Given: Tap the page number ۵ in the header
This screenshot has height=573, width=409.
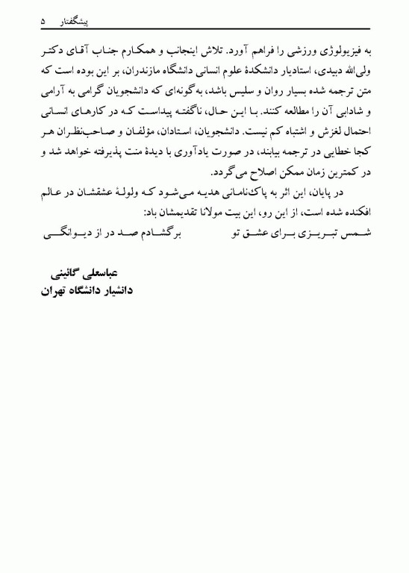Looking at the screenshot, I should point(43,24).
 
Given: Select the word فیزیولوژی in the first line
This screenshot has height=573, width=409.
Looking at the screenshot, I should point(345,53).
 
